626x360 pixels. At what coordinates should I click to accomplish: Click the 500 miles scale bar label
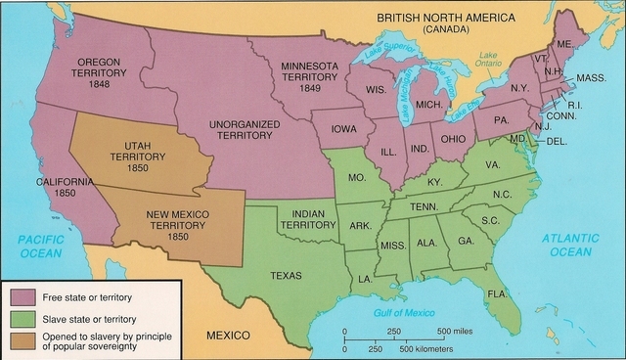(x=455, y=330)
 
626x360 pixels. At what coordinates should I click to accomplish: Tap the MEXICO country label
(x=235, y=336)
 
